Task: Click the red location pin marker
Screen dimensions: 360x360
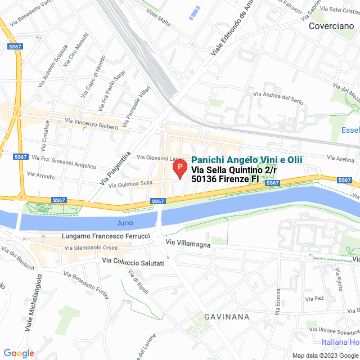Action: tap(179, 169)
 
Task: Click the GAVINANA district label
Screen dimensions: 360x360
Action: tap(227, 317)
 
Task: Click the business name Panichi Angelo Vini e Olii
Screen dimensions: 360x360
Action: tap(247, 160)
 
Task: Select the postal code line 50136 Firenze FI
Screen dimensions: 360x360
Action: tap(225, 179)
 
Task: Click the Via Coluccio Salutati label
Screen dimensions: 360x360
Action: tap(133, 263)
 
